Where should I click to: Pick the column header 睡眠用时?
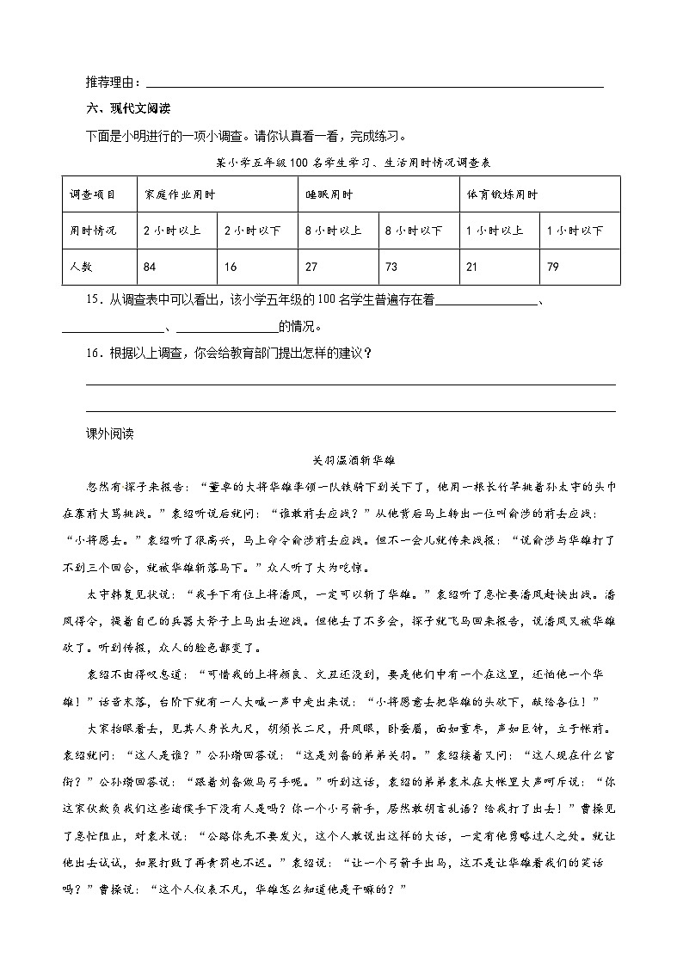pos(329,195)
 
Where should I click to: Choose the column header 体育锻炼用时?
pos(501,195)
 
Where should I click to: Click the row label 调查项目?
pos(92,195)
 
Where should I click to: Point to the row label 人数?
pos(81,268)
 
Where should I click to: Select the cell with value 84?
pos(150,268)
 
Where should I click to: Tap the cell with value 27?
pos(311,268)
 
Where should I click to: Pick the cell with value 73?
pos(391,268)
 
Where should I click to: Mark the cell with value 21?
pos(471,268)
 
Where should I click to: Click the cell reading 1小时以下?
pos(575,231)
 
